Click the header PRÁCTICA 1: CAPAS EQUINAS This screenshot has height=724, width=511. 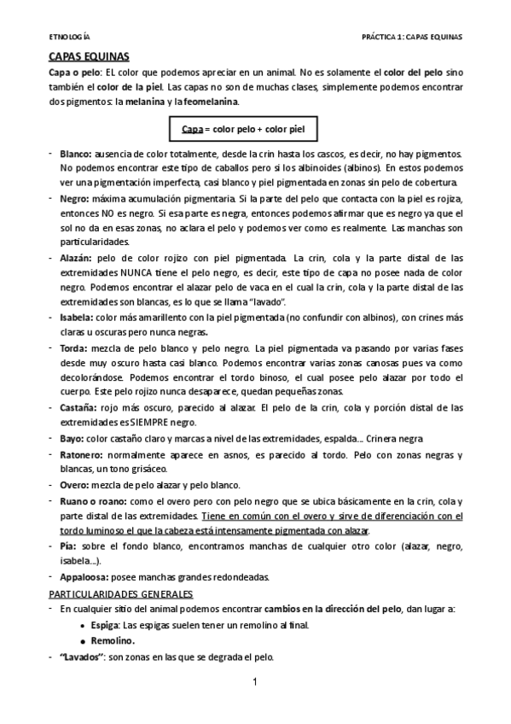411,38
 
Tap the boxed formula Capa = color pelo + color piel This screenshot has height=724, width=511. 243,130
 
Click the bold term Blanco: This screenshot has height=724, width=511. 76,155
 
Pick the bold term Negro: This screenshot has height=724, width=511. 75,198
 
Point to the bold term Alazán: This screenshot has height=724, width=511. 77,256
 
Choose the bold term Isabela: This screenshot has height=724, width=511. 77,315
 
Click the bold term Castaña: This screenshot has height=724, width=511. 78,408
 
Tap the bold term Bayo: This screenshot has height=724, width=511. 73,438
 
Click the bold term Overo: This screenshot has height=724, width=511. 74,484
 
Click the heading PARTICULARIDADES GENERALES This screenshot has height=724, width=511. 120,593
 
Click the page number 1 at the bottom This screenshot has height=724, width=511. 254,682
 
